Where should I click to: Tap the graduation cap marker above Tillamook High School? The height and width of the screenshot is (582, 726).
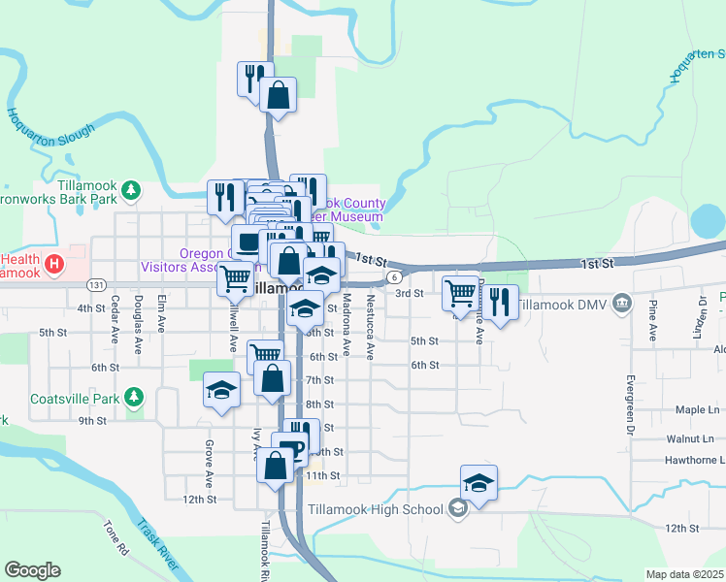pos(478,483)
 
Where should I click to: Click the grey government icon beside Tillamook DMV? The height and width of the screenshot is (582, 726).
pos(622,304)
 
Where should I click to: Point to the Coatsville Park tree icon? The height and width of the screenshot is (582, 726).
pos(138,396)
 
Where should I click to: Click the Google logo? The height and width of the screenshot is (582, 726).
pos(32,569)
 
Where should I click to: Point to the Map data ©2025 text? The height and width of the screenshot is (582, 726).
pos(684,574)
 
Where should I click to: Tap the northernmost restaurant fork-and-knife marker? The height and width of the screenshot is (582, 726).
pos(255,78)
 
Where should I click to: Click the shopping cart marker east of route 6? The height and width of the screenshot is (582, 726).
pos(459,292)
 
